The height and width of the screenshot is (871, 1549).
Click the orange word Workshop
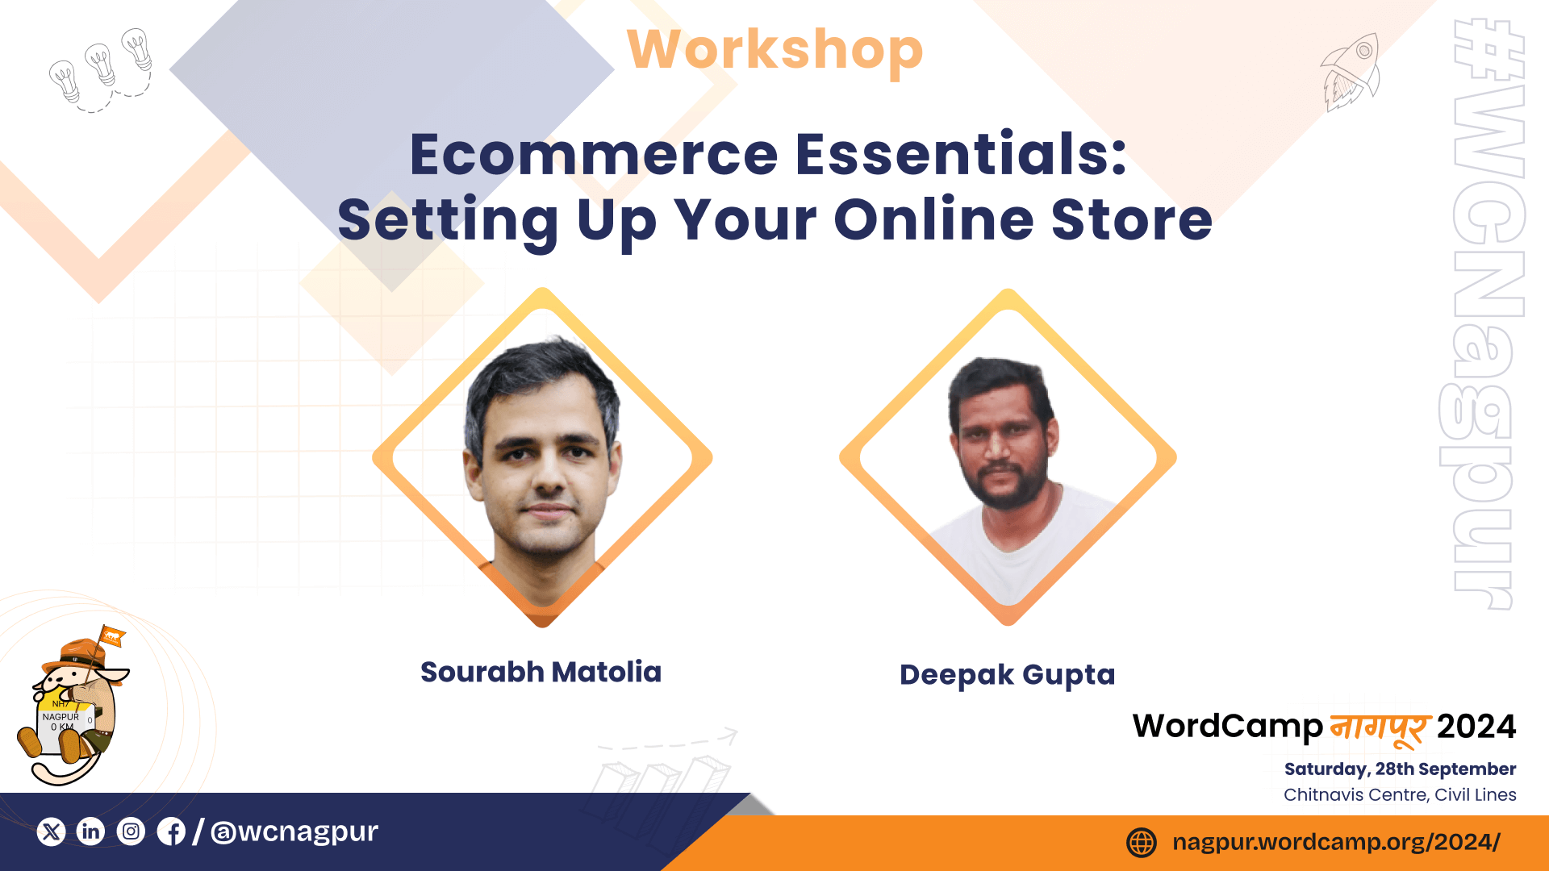(x=774, y=50)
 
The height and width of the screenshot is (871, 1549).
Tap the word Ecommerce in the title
(x=594, y=154)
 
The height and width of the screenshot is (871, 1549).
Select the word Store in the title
(x=1132, y=219)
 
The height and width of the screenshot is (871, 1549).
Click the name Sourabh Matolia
(x=541, y=672)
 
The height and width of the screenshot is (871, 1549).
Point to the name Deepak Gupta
(x=1007, y=675)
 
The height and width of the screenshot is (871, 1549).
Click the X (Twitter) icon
(x=51, y=831)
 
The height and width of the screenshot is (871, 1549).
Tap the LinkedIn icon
(x=90, y=831)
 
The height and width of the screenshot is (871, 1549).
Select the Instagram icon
(x=131, y=831)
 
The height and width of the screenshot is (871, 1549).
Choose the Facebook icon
(x=171, y=831)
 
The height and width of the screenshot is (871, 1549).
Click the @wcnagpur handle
(x=294, y=831)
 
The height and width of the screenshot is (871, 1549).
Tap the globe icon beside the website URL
(x=1142, y=843)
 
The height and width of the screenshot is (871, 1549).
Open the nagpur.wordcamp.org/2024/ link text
(x=1336, y=843)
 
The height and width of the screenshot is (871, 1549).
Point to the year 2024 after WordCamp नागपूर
(x=1476, y=727)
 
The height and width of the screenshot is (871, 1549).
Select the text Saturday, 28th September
(x=1400, y=769)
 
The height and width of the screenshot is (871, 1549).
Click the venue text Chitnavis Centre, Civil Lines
(x=1400, y=795)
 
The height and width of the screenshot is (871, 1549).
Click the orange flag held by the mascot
(x=111, y=637)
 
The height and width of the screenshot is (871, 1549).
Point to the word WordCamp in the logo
(x=1228, y=727)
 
